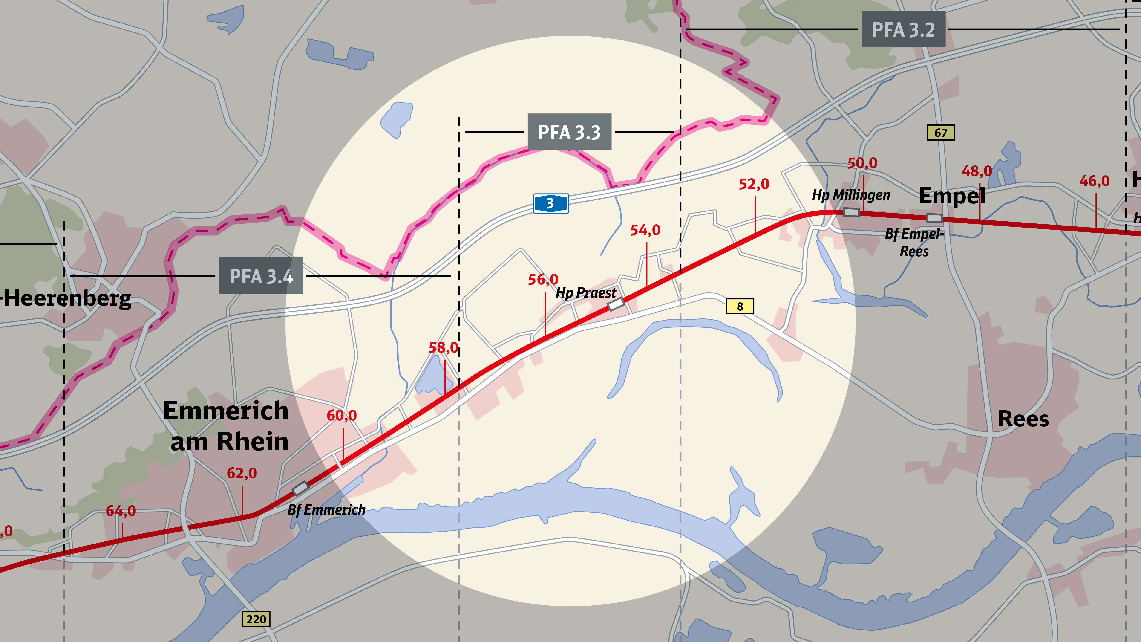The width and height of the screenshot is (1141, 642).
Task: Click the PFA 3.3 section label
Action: pos(569,132)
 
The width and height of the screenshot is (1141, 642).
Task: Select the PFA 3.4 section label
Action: pos(261,276)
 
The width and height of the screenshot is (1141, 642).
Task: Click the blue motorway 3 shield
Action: pos(550,203)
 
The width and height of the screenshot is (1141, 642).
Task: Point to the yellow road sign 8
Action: pos(740,306)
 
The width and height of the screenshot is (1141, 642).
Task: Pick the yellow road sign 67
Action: pos(941,133)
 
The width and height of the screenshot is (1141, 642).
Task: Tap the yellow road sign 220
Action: pos(256,619)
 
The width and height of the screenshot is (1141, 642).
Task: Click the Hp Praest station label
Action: pos(585,293)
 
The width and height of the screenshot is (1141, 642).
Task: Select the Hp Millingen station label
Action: pos(850,195)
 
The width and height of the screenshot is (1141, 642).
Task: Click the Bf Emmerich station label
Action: pos(326,510)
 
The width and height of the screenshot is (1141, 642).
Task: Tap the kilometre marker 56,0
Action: pos(543,280)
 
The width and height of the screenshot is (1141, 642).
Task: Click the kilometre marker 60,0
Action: pos(342,415)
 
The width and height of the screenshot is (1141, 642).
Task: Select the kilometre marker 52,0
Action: pos(754,184)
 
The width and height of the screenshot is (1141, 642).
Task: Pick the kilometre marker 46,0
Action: pos(1094,181)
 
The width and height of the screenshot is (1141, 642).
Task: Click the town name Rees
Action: pos(1023,419)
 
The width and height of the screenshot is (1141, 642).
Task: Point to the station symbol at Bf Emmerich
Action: pos(300,488)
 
